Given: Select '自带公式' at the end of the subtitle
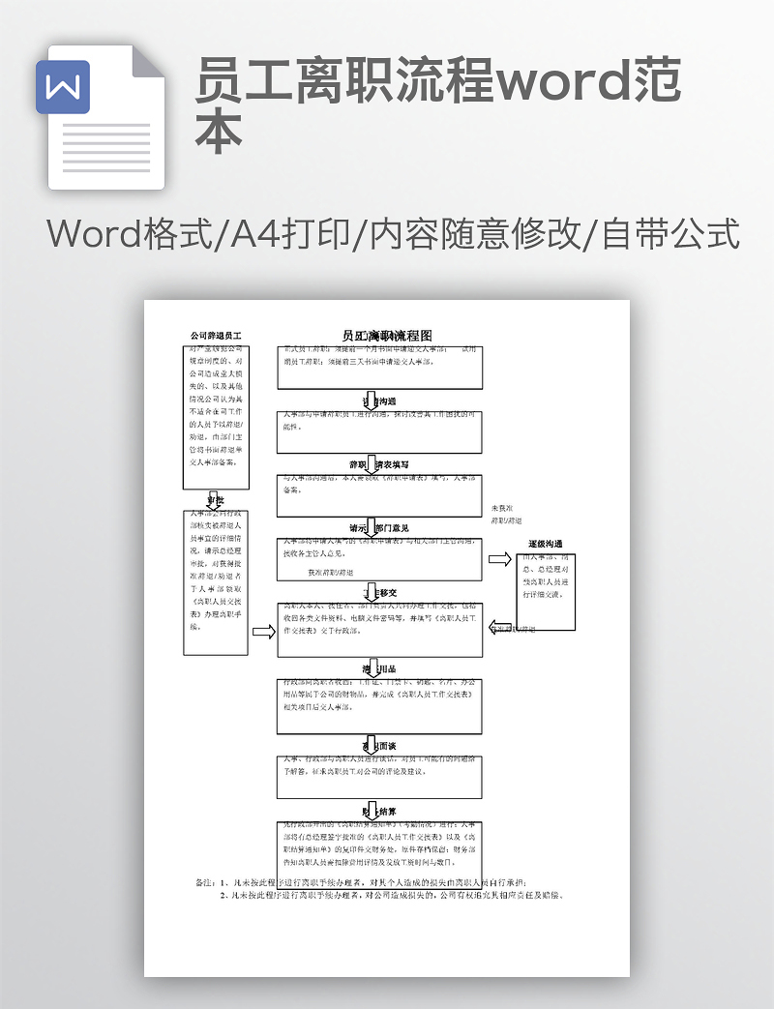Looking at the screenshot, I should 670,235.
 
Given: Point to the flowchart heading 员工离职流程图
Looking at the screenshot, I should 387,336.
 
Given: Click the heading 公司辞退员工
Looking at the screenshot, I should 216,336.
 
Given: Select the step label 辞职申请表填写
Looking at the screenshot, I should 385,464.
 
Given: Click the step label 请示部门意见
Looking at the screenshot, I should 378,528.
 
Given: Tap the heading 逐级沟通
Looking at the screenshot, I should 545,544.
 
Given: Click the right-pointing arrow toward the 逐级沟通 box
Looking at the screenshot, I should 499,559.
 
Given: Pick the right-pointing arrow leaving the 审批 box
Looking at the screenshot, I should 263,632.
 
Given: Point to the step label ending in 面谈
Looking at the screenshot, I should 378,746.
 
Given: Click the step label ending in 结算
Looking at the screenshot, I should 378,811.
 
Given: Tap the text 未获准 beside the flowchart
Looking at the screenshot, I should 504,507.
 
